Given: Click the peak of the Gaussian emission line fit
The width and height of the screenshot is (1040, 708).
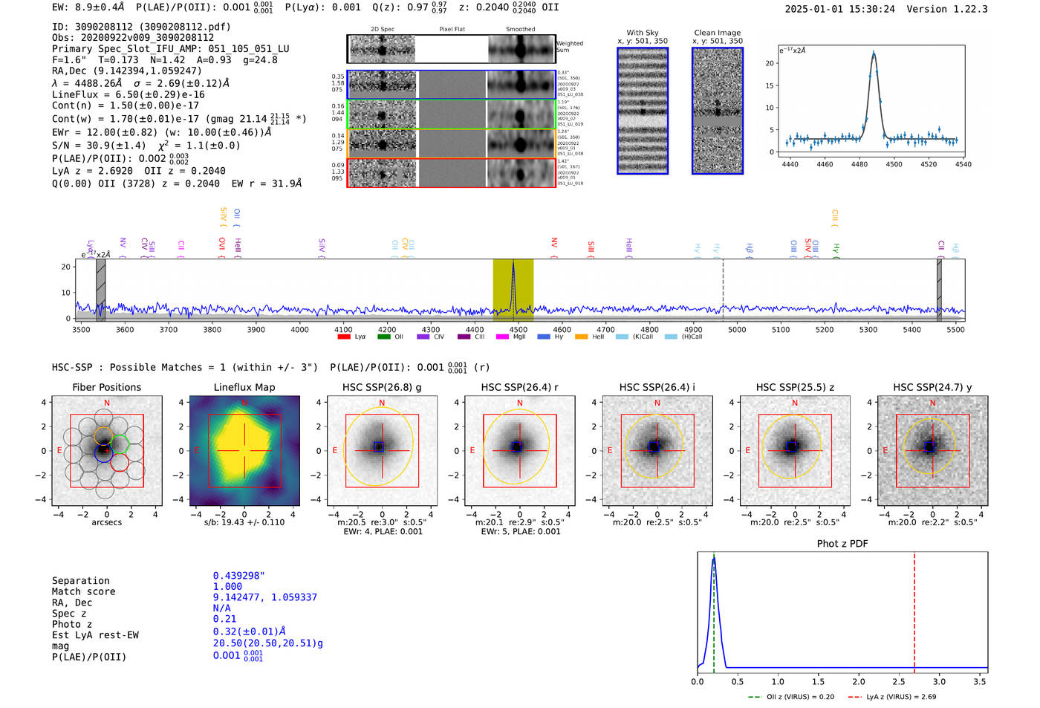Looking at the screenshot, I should (x=874, y=53).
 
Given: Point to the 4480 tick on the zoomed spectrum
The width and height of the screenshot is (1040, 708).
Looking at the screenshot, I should (x=859, y=163).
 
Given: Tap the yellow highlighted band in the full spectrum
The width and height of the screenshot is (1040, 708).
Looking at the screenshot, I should (x=513, y=290).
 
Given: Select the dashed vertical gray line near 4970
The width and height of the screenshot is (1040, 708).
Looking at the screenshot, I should (x=723, y=290).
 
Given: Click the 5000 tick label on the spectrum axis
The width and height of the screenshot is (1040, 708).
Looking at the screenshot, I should (x=737, y=329).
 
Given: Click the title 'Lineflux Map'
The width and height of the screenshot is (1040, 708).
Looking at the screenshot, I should (x=244, y=387).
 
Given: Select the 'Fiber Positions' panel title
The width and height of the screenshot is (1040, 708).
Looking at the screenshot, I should (x=106, y=387).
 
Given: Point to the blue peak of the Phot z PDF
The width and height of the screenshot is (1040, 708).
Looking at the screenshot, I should (x=713, y=559).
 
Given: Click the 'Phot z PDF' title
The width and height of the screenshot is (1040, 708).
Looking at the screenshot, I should (x=842, y=543).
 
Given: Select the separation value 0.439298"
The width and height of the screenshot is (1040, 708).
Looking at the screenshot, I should (x=238, y=576).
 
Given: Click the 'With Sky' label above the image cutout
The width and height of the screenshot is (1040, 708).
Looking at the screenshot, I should (x=642, y=33).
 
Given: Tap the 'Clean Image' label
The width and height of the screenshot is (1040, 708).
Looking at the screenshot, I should (x=717, y=33).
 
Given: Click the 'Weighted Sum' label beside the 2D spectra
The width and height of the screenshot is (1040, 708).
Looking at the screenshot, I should (x=570, y=46).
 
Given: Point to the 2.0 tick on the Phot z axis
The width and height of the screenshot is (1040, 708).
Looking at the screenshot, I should (x=859, y=681).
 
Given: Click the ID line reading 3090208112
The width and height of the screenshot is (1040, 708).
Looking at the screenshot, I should (x=141, y=27).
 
